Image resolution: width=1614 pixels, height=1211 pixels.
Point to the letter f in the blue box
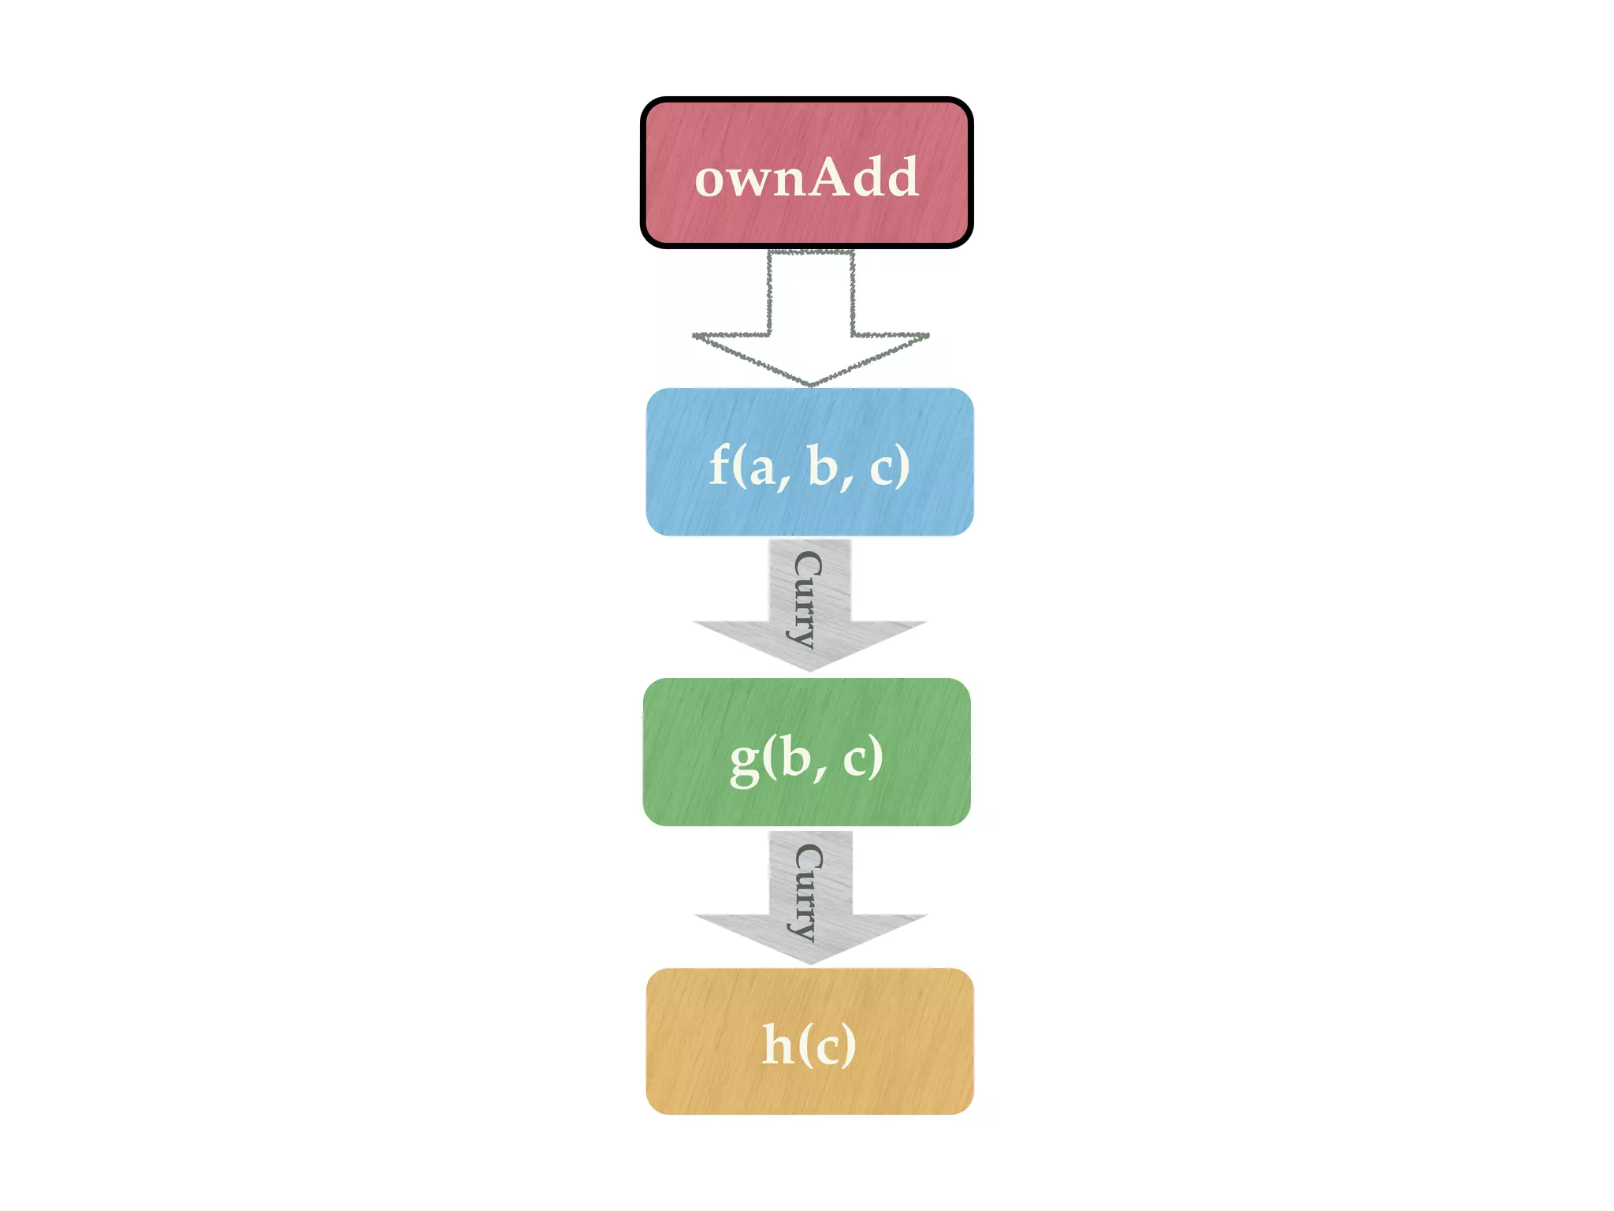click(719, 465)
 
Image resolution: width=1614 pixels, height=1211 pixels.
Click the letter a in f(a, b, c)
click(761, 469)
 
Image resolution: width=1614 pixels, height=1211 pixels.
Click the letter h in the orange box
click(778, 1045)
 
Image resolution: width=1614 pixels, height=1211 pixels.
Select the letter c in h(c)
click(827, 1049)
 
